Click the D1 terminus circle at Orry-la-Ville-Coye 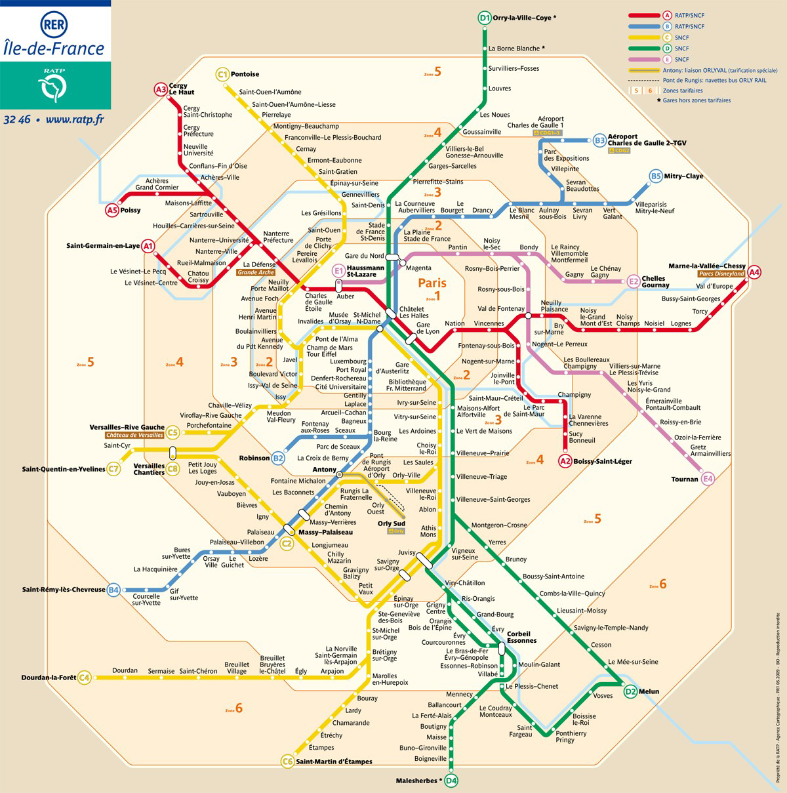coord(484,18)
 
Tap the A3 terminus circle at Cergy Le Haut coord(161,89)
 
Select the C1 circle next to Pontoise coord(222,74)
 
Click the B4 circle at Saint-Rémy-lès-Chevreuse coord(114,590)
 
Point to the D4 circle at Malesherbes coord(451,781)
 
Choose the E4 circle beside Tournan coord(708,479)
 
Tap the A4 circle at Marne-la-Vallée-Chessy coord(754,272)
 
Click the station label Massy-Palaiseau coord(325,532)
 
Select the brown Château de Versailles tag coord(134,436)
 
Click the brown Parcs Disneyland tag coord(721,274)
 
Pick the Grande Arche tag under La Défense coord(256,272)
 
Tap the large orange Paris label coord(432,283)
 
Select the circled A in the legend coord(667,15)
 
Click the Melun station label coord(649,691)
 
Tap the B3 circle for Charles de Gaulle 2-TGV coord(599,140)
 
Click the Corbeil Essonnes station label coord(521,637)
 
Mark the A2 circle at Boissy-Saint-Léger coord(565,461)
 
